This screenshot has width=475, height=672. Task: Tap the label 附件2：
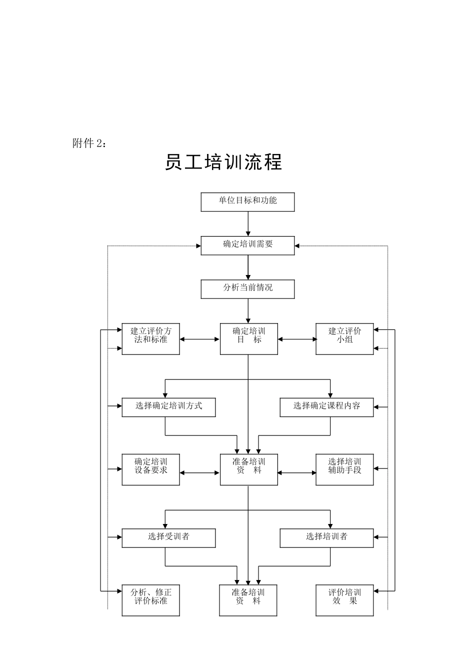coord(89,143)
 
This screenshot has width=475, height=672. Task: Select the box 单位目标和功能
coord(247,202)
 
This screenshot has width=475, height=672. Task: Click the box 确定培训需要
coord(247,245)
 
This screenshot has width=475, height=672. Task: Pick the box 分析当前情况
coord(247,289)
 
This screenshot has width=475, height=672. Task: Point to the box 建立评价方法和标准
coord(150,339)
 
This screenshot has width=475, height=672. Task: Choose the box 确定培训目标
coord(248,339)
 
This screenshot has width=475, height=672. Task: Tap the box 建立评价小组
coord(344,339)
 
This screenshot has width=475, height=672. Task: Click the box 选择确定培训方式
coord(168,407)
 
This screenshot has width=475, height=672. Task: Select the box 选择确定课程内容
coord(326,407)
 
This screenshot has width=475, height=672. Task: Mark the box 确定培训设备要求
coord(150,469)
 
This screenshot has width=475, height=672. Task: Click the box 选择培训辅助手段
coord(344,469)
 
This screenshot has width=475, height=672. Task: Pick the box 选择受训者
coord(168,538)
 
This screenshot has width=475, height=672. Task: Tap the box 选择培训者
coord(326,538)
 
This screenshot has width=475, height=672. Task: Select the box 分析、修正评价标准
coord(150,600)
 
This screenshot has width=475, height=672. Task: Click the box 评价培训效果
coord(344,600)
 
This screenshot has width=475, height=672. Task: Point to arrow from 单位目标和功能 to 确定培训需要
coord(248,223)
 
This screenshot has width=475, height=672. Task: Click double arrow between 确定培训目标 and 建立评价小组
coord(297,339)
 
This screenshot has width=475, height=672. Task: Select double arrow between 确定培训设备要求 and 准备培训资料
coord(200,472)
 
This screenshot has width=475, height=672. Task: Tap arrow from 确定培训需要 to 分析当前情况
coord(248,267)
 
